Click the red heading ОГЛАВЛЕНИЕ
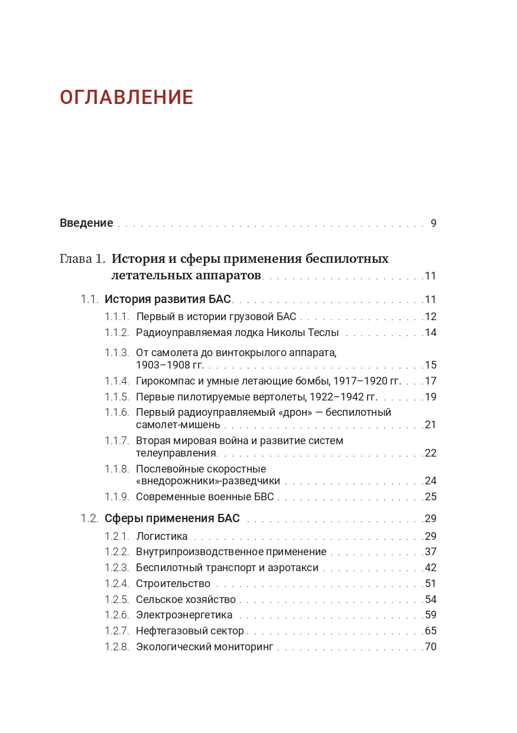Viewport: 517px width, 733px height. (x=126, y=97)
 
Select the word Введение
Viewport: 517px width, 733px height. (x=86, y=223)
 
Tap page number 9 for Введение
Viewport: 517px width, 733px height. (x=433, y=223)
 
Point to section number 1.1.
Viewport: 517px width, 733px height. (x=89, y=299)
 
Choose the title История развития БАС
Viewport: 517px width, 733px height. (x=168, y=299)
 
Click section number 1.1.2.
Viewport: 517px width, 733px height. (x=116, y=333)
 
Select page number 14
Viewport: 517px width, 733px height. (x=430, y=333)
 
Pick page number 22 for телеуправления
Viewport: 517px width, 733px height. (x=430, y=453)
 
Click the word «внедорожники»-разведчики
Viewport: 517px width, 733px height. (x=208, y=481)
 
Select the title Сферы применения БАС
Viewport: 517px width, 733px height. (x=172, y=519)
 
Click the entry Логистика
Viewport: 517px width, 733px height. (x=162, y=536)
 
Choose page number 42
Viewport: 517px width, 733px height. (x=430, y=568)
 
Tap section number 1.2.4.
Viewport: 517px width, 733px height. (x=116, y=584)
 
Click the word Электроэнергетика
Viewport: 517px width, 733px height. (x=184, y=615)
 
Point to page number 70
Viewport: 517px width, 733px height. (x=430, y=647)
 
